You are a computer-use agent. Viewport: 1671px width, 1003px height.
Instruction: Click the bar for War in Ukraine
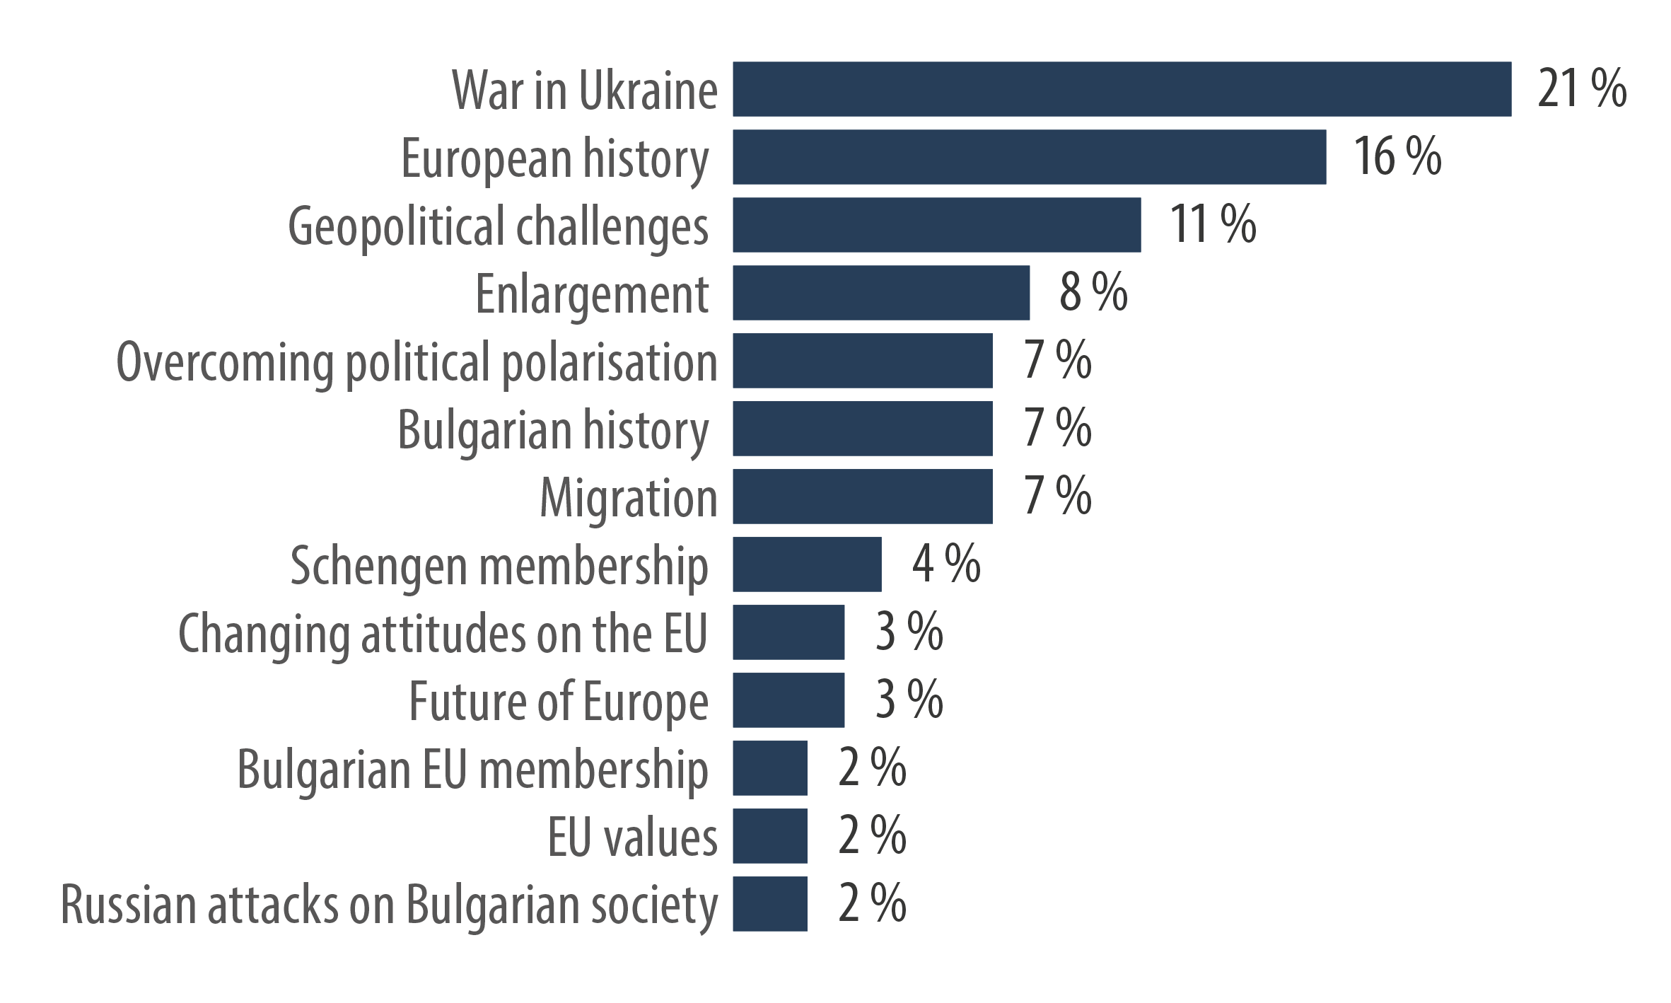click(x=1122, y=89)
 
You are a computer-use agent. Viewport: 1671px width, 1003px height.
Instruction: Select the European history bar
click(x=1029, y=157)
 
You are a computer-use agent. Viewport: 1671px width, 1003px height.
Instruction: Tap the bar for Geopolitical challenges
click(x=936, y=225)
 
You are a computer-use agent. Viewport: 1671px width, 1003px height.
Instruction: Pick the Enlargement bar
click(x=881, y=293)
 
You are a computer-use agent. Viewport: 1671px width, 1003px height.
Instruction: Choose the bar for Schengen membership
click(x=807, y=564)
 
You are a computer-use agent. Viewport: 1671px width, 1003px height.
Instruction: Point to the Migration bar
click(x=862, y=497)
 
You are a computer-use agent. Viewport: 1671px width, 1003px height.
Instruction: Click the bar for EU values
click(x=770, y=836)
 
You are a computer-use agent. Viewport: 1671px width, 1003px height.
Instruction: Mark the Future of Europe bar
click(x=788, y=700)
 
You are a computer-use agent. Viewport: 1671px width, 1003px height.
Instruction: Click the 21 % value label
click(x=1582, y=89)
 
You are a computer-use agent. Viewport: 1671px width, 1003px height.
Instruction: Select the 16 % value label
click(x=1397, y=157)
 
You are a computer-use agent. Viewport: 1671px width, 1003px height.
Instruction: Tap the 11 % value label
click(x=1213, y=225)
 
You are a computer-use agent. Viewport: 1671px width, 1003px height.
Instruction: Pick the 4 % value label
click(x=946, y=564)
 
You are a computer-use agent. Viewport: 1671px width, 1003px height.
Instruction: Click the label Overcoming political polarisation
click(x=417, y=362)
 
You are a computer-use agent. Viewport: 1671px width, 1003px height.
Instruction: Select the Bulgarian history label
click(x=553, y=430)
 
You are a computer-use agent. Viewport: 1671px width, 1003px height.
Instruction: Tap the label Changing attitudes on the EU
click(x=443, y=633)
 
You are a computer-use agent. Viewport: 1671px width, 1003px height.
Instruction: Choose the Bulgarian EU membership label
click(x=472, y=770)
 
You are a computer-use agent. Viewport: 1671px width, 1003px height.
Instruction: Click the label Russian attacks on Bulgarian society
click(x=389, y=905)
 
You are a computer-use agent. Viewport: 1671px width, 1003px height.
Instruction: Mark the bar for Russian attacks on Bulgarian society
click(x=770, y=904)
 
